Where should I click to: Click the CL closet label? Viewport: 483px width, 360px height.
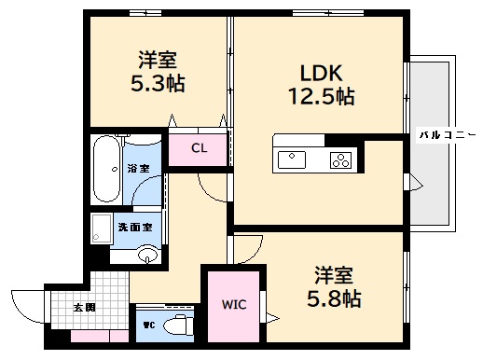(x=199, y=148)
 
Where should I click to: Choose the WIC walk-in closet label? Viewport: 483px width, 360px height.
(x=233, y=304)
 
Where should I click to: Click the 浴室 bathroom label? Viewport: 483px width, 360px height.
(x=138, y=169)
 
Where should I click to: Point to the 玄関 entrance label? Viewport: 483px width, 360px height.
(x=84, y=307)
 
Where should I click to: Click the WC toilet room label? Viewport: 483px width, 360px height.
(x=148, y=325)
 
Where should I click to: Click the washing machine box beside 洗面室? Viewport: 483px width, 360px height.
(x=101, y=228)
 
